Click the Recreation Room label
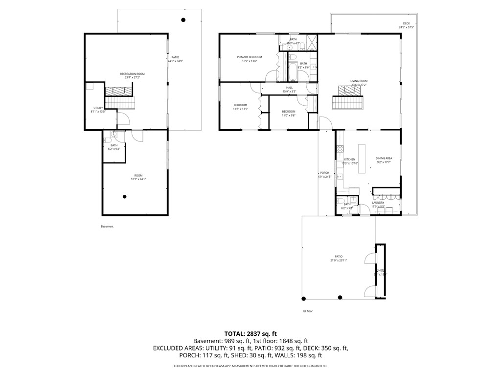click(133, 74)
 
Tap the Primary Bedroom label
click(250, 57)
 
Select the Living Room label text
click(359, 81)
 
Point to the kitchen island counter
click(362, 159)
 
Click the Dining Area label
click(384, 158)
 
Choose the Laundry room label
click(378, 203)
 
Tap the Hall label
click(290, 88)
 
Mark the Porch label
click(325, 173)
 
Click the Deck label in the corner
click(406, 23)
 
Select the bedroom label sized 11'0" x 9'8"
click(288, 112)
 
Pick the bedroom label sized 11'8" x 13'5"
click(240, 105)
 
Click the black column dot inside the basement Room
click(125, 196)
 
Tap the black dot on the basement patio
click(183, 20)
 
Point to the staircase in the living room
click(349, 103)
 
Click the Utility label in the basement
click(98, 108)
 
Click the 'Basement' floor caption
click(107, 227)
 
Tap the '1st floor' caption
click(307, 311)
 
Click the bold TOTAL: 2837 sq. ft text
click(250, 333)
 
